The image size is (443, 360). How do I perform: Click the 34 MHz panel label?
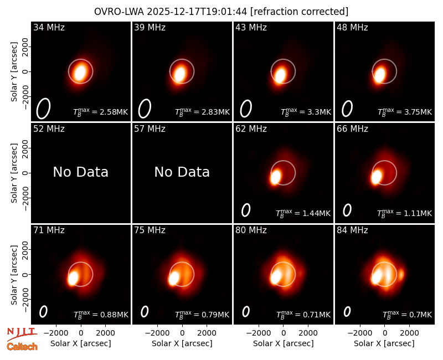(49, 27)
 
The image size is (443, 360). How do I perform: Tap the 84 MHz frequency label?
(352, 230)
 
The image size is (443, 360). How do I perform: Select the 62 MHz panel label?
(251, 129)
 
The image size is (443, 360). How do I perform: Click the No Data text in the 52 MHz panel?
(80, 172)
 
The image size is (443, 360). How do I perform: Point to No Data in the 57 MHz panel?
(182, 172)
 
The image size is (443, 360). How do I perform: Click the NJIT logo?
(22, 334)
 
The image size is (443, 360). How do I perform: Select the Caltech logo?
(22, 347)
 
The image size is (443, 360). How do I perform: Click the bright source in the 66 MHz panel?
(377, 177)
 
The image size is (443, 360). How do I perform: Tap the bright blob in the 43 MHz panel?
(280, 75)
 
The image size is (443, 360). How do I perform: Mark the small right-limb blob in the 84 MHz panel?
(401, 274)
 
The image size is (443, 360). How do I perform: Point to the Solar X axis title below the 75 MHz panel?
(182, 343)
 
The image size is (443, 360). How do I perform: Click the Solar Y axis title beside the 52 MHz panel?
(14, 173)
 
